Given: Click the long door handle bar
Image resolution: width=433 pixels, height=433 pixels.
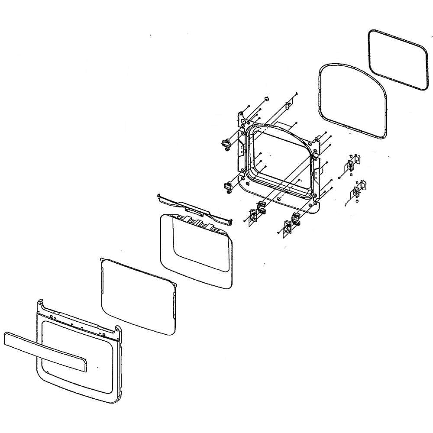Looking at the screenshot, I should pyautogui.click(x=43, y=350).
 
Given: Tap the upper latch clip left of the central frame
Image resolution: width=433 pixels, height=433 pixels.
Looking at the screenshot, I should pyautogui.click(x=226, y=145).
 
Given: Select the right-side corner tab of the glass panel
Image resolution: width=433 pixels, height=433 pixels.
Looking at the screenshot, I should pyautogui.click(x=175, y=284).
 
